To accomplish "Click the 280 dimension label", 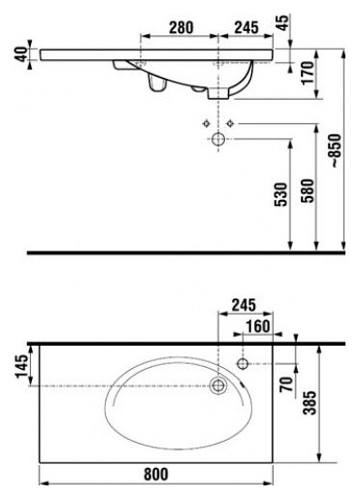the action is pos(181,27).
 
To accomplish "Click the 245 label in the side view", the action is pos(246,27).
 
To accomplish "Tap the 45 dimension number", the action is pos(283,22).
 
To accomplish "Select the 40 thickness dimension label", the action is pos(22,54).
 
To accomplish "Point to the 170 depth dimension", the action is pos(308,73).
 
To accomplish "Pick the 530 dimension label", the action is pos(280,194).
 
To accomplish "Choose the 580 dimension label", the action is pos(308,190).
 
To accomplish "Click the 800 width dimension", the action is pos(156,475).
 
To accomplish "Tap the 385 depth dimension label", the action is pos(311,403).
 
